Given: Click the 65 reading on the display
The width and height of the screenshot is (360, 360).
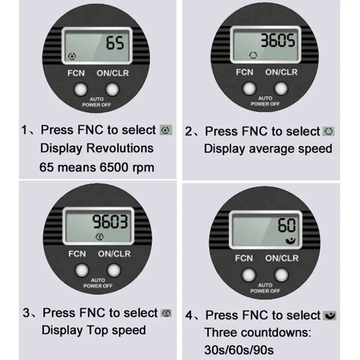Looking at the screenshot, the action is [x=115, y=43].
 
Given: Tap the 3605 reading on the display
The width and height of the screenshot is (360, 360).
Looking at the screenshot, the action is [x=278, y=41].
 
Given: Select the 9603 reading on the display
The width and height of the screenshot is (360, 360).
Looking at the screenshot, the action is [x=110, y=221].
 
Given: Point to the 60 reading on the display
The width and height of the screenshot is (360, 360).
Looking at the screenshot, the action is [x=287, y=225].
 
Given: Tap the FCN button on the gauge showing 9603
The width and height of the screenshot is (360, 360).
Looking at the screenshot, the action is [x=81, y=270].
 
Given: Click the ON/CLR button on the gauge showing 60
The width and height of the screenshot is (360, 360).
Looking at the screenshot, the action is [x=282, y=274].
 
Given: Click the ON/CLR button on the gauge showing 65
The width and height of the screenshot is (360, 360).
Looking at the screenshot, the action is [x=112, y=89].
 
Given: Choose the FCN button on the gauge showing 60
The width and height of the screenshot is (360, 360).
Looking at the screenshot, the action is [x=248, y=274].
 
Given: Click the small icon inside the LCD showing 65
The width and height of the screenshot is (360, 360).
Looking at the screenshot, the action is [x=72, y=56].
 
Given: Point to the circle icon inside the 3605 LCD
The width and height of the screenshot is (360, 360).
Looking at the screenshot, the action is [x=253, y=55].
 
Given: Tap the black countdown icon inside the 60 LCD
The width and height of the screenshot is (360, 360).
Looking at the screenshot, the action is [x=290, y=241].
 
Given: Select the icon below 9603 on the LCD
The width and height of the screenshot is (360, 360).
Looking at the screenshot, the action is [x=99, y=237].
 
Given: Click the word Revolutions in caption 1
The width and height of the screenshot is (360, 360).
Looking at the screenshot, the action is [x=120, y=148].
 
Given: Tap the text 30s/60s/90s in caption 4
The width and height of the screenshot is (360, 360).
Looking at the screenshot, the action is [x=239, y=350].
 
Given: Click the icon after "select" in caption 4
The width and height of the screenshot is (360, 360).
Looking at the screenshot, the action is [x=330, y=315].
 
